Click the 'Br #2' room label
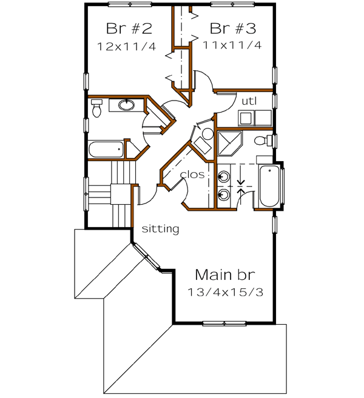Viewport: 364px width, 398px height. [x=128, y=28]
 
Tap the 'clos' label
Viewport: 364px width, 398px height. [x=191, y=174]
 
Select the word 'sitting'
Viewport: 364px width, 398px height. [x=160, y=229]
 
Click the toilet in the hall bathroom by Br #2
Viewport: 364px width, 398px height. [x=96, y=107]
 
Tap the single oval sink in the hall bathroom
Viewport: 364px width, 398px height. [x=126, y=105]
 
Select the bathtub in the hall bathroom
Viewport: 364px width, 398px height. [x=107, y=149]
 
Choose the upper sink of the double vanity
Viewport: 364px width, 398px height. [x=223, y=176]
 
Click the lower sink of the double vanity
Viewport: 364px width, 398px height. [x=223, y=195]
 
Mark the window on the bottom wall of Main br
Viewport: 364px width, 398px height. [x=223, y=323]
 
